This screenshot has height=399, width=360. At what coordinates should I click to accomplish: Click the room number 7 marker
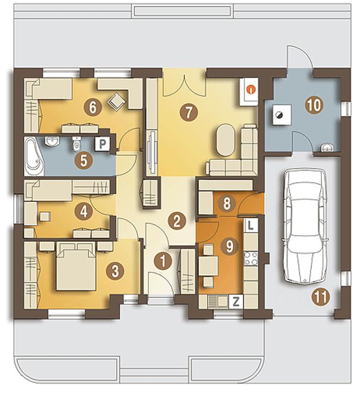click(188, 112)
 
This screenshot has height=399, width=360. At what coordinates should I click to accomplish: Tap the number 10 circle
click(315, 105)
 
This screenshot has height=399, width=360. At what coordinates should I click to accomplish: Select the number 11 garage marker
click(321, 296)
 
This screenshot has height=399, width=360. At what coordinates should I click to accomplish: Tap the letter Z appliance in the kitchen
click(236, 302)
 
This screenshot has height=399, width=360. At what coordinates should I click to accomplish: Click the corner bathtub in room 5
click(34, 157)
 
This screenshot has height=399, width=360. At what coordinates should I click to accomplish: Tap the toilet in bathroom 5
click(76, 144)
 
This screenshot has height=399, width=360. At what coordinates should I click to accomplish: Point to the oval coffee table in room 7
click(225, 140)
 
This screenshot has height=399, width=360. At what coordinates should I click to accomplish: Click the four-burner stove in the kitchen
click(251, 259)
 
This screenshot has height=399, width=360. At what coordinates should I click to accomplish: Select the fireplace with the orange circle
click(249, 91)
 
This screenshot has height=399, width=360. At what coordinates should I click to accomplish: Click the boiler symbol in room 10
click(281, 115)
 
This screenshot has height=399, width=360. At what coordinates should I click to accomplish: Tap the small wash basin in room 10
click(326, 147)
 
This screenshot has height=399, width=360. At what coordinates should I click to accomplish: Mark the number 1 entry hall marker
click(163, 261)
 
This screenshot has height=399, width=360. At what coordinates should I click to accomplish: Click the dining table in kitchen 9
click(208, 266)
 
